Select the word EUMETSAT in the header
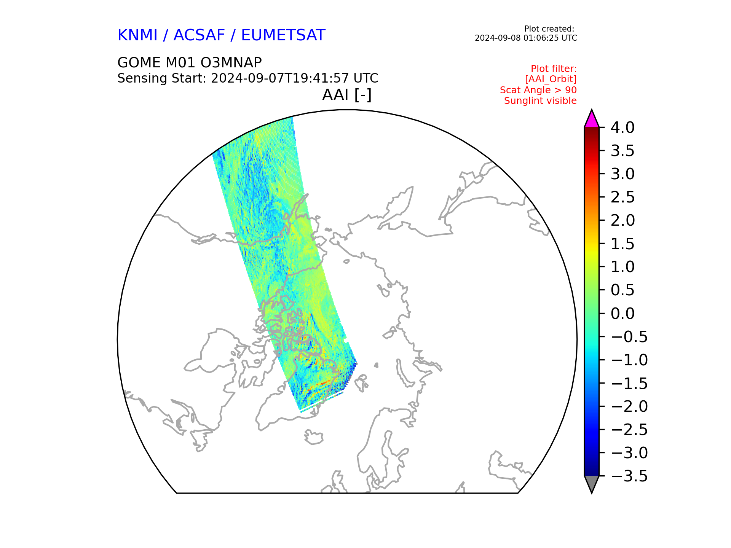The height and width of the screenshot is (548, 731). click(283, 35)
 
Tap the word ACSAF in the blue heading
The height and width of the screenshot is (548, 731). click(199, 35)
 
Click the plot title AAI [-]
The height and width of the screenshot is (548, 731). click(347, 95)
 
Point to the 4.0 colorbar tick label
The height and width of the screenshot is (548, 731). click(622, 127)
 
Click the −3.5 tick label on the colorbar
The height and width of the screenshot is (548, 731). click(629, 476)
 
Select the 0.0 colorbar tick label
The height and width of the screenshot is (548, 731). click(622, 314)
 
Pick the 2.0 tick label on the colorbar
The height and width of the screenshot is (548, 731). click(622, 220)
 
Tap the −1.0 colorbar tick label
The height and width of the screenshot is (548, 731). click(629, 360)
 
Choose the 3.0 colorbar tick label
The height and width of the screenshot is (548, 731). click(622, 174)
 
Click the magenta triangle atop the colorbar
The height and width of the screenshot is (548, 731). click(592, 119)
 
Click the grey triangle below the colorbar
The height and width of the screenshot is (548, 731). click(592, 484)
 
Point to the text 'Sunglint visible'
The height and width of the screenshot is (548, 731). click(540, 101)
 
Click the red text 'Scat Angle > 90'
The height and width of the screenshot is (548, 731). click(538, 90)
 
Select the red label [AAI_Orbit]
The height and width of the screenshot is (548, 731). click(551, 79)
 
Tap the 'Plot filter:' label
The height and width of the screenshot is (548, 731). click(554, 69)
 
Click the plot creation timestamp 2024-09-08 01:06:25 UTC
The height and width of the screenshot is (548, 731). click(526, 38)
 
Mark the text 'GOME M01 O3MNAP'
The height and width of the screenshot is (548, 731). click(190, 62)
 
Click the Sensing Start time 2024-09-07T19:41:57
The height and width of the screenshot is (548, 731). click(280, 78)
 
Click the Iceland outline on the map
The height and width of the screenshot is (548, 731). click(314, 437)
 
